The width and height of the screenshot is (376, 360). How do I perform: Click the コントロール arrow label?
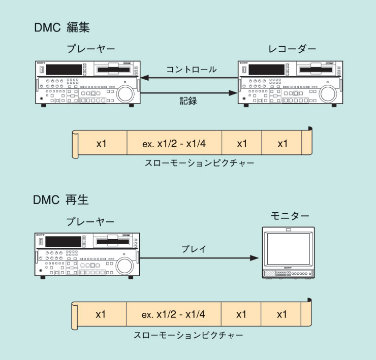[x=191, y=70]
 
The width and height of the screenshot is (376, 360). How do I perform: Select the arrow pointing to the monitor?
[x=198, y=258]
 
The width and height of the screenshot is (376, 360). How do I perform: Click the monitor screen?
[x=288, y=249]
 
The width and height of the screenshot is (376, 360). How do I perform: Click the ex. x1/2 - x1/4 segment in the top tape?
[x=174, y=144]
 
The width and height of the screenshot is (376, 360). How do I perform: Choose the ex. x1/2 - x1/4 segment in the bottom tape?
[x=174, y=315]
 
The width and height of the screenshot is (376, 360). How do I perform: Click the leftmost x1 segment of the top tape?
[x=102, y=144]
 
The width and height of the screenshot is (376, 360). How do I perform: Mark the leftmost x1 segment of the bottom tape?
[x=101, y=315]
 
